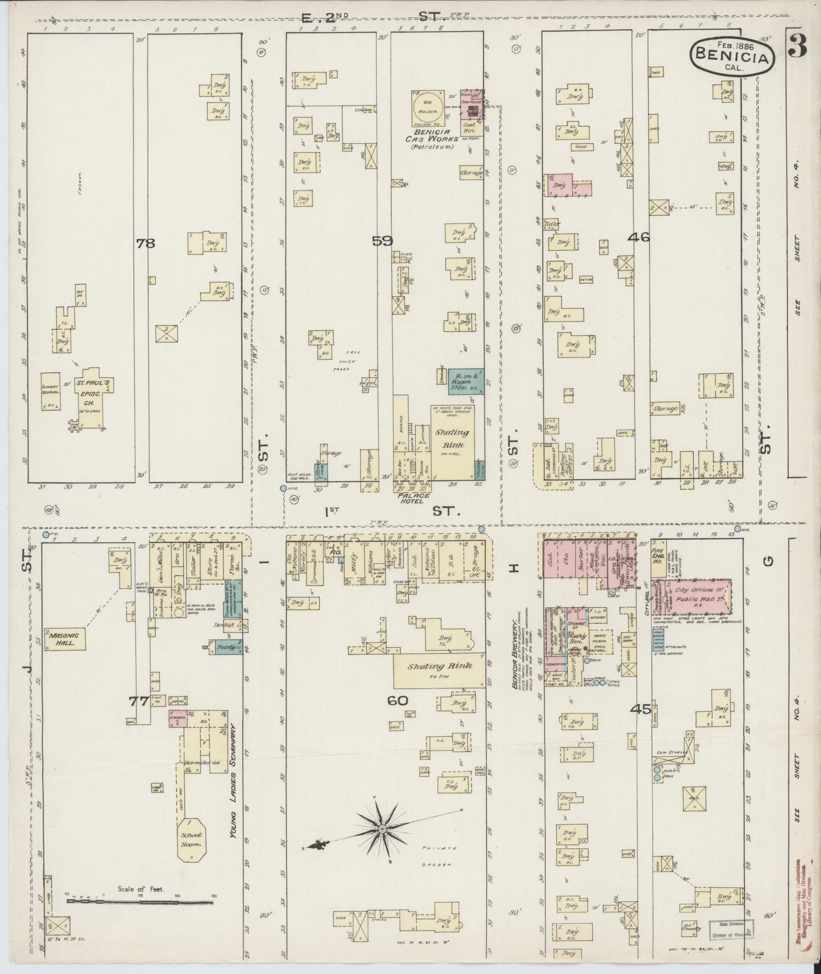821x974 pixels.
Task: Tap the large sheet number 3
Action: click(799, 46)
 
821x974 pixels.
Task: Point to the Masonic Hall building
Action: click(65, 639)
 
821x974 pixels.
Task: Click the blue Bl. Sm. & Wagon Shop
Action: click(466, 381)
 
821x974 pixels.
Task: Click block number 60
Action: click(398, 701)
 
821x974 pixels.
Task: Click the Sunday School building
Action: click(51, 391)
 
